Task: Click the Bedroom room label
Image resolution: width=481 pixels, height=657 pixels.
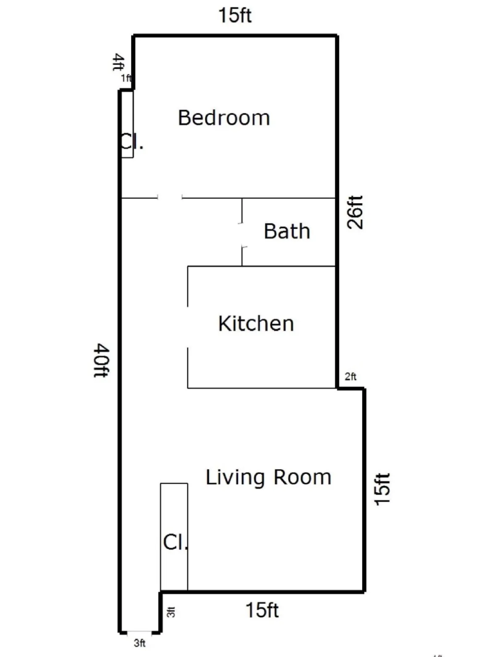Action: pos(223,118)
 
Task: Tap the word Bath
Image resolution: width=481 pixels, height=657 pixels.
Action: pos(287,231)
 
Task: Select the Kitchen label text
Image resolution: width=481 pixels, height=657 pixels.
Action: pos(256,323)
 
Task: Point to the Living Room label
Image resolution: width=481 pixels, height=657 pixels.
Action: pos(268,477)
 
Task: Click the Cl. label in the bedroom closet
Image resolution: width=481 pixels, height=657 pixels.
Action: pos(131,142)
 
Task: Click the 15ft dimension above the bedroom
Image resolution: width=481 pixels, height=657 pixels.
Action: pos(235,16)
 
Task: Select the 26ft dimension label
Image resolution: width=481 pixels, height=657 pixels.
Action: pos(355,212)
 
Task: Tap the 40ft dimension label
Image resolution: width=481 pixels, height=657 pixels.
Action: pos(101,360)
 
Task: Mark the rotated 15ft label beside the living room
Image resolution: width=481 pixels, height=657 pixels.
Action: pos(382,489)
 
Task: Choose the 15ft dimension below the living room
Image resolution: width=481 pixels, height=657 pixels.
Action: pos(262,610)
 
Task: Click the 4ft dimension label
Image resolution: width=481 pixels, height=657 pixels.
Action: pos(119,63)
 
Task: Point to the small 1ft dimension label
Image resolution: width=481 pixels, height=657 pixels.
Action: pos(126,78)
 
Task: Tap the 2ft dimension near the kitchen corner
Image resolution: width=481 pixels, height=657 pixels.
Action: pos(350,377)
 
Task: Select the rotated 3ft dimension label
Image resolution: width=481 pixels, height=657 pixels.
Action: pos(171,613)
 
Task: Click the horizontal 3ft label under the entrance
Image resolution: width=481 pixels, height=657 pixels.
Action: pos(139,643)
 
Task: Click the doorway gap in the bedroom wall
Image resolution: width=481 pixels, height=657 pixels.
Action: pos(170,197)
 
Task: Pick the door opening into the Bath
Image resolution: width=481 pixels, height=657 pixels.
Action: pos(242,235)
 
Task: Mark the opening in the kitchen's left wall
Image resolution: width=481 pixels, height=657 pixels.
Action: pos(187,327)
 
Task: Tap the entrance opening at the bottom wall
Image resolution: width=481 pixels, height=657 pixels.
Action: pos(139,632)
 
